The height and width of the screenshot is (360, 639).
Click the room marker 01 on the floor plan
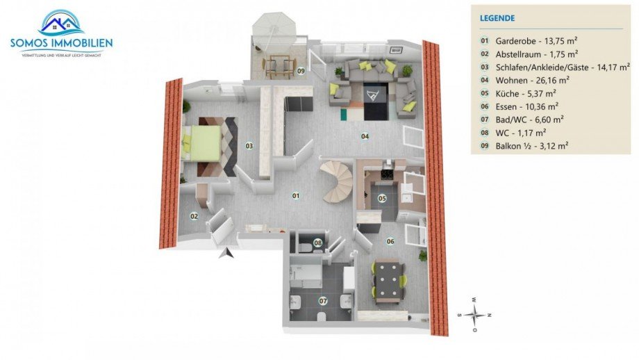pos(295,196)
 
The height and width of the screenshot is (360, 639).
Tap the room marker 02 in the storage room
pos(194,216)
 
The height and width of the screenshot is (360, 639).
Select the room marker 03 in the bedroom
pos(249,146)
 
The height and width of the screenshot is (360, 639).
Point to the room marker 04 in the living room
pos(364,136)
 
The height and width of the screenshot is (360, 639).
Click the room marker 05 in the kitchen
pos(381,198)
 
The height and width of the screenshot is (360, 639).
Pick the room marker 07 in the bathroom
pos(322,301)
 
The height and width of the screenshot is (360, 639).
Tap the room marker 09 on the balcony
pos(301,71)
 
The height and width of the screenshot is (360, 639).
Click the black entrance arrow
pos(225,254)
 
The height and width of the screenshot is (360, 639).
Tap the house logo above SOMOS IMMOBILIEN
pos(61,22)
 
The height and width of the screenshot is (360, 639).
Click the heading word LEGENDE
pos(497,18)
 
